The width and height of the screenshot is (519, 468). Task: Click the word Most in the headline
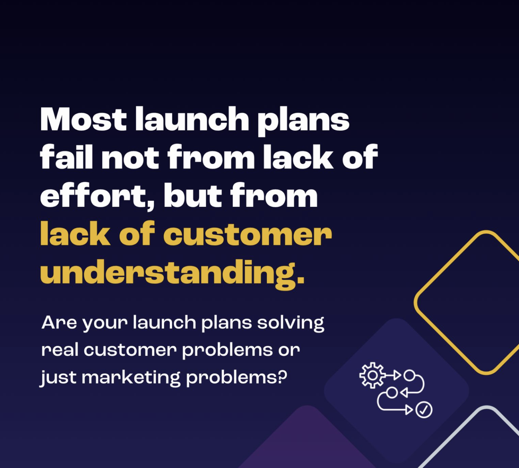(83, 119)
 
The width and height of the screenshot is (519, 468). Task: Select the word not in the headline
(130, 158)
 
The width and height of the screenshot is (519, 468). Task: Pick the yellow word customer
(247, 235)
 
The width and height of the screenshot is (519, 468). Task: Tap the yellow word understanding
(172, 273)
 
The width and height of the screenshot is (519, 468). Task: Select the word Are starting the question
(59, 323)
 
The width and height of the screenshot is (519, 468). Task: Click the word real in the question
(60, 350)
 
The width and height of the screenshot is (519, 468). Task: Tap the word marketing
(131, 378)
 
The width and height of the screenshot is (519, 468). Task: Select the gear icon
(372, 375)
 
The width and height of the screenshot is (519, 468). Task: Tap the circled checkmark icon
(424, 410)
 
